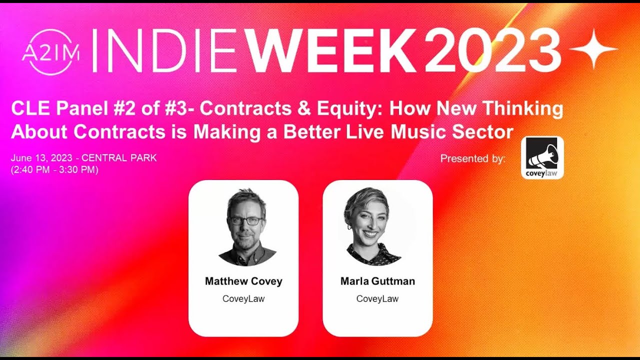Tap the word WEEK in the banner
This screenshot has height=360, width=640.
tap(327, 50)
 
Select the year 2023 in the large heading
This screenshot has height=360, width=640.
tap(492, 50)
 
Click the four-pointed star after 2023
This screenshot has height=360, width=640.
tap(593, 49)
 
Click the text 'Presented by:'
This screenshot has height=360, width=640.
tap(472, 158)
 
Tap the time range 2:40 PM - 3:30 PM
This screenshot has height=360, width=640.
tap(54, 169)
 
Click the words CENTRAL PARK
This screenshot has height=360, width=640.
tap(119, 158)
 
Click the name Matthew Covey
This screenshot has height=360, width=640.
tap(243, 281)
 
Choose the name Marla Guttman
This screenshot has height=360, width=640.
tap(377, 281)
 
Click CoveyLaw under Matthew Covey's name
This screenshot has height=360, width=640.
tap(243, 298)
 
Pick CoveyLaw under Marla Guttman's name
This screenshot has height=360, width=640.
tap(377, 298)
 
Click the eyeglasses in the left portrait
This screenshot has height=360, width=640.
tap(245, 220)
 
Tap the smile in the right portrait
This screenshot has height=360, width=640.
tap(370, 233)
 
